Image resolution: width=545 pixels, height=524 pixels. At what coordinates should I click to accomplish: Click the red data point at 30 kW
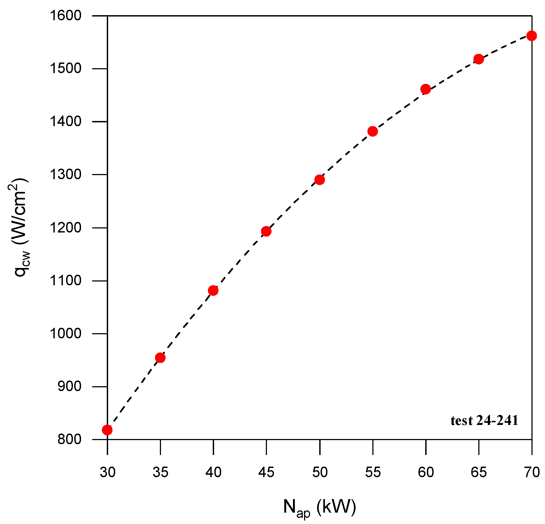tap(107, 430)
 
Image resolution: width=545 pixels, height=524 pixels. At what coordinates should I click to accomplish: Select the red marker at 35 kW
tap(160, 358)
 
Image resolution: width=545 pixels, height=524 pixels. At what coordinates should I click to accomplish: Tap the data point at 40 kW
tap(213, 291)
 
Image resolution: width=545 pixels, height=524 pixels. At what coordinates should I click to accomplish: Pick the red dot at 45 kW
tap(266, 231)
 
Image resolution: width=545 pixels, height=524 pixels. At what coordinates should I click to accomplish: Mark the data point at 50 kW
tap(320, 180)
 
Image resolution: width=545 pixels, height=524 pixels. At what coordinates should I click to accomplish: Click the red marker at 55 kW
tap(373, 131)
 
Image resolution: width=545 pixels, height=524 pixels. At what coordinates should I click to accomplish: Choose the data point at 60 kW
tap(425, 89)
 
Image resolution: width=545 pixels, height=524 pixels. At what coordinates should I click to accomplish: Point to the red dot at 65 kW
tap(479, 59)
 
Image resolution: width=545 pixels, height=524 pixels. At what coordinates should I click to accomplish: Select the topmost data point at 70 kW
tap(531, 35)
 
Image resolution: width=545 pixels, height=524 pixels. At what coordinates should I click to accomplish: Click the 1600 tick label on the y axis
tap(66, 15)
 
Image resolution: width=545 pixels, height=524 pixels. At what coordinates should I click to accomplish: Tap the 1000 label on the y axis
tap(66, 333)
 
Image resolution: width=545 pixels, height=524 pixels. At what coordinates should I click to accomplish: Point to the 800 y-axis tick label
tap(70, 440)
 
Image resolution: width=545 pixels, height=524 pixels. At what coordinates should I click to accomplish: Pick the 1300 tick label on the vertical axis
tap(66, 175)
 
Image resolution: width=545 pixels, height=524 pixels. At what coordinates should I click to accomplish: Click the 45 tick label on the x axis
tap(266, 472)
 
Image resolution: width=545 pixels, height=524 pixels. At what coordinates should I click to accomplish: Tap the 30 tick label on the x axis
tap(108, 472)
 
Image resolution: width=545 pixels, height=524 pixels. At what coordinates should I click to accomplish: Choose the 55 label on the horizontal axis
tap(373, 472)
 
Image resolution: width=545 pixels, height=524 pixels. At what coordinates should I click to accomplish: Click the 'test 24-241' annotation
tap(484, 421)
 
